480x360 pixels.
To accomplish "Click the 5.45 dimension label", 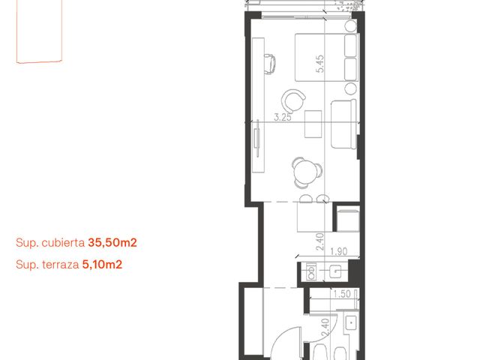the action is (320, 64).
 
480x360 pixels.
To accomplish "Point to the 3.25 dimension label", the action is (282, 117).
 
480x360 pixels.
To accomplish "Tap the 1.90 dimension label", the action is (339, 252).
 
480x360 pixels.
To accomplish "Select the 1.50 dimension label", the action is (342, 294).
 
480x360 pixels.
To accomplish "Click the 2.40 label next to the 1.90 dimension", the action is (319, 241).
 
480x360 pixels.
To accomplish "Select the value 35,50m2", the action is (112, 243).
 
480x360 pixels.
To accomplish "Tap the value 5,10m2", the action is (102, 265).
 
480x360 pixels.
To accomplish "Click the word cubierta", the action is (63, 243).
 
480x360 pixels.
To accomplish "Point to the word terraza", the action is (61, 265).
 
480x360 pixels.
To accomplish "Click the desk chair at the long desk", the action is (269, 64).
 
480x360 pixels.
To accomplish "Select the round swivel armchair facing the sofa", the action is (293, 101).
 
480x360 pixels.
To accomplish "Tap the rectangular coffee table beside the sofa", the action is (313, 124).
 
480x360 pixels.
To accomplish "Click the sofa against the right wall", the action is (343, 124).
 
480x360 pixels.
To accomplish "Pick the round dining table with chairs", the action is (307, 172).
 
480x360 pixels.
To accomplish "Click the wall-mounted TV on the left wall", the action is (258, 138).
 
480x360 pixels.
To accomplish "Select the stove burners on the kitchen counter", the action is (312, 271).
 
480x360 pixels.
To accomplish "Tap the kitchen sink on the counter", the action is (335, 271).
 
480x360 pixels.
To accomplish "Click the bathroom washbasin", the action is (351, 322).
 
